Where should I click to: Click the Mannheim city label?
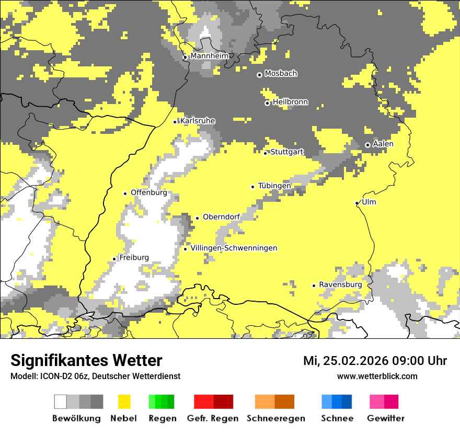(209, 56)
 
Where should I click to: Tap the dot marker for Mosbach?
(259, 75)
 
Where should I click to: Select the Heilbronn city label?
(290, 102)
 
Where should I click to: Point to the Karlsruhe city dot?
(175, 122)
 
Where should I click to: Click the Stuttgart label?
(287, 152)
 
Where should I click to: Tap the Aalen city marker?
(367, 145)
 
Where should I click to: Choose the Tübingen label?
(274, 186)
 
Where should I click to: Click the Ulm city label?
(369, 202)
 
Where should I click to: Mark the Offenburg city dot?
(125, 193)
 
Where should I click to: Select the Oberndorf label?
(221, 217)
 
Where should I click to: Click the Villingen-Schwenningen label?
(234, 248)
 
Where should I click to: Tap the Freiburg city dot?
(114, 259)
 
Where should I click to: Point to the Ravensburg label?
(340, 284)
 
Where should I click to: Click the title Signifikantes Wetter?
(86, 360)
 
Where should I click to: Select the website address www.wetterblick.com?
(377, 376)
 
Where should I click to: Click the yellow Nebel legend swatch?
(124, 402)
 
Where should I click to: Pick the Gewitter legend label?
(385, 418)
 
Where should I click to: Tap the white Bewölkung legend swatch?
(61, 402)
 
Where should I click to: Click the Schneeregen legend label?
(275, 418)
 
